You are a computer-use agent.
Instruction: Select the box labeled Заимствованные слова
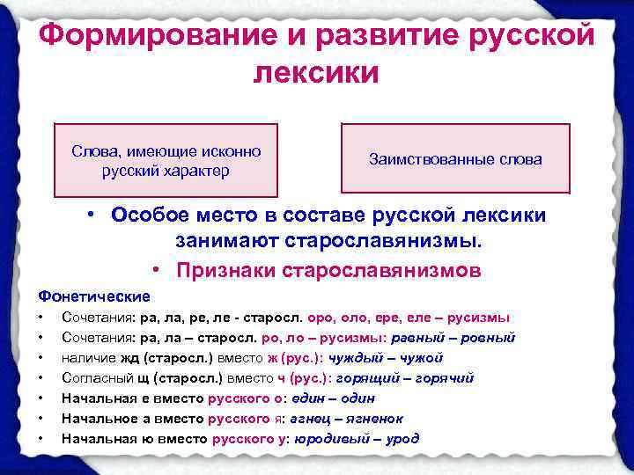pos(455,160)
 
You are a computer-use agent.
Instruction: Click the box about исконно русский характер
pos(166,160)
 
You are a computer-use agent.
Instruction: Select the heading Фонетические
pos(94,296)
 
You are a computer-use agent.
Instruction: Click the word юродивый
pos(327,438)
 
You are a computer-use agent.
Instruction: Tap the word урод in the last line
pos(401,438)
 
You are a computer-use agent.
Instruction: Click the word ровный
pos(490,338)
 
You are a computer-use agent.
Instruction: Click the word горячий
pos(444,377)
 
